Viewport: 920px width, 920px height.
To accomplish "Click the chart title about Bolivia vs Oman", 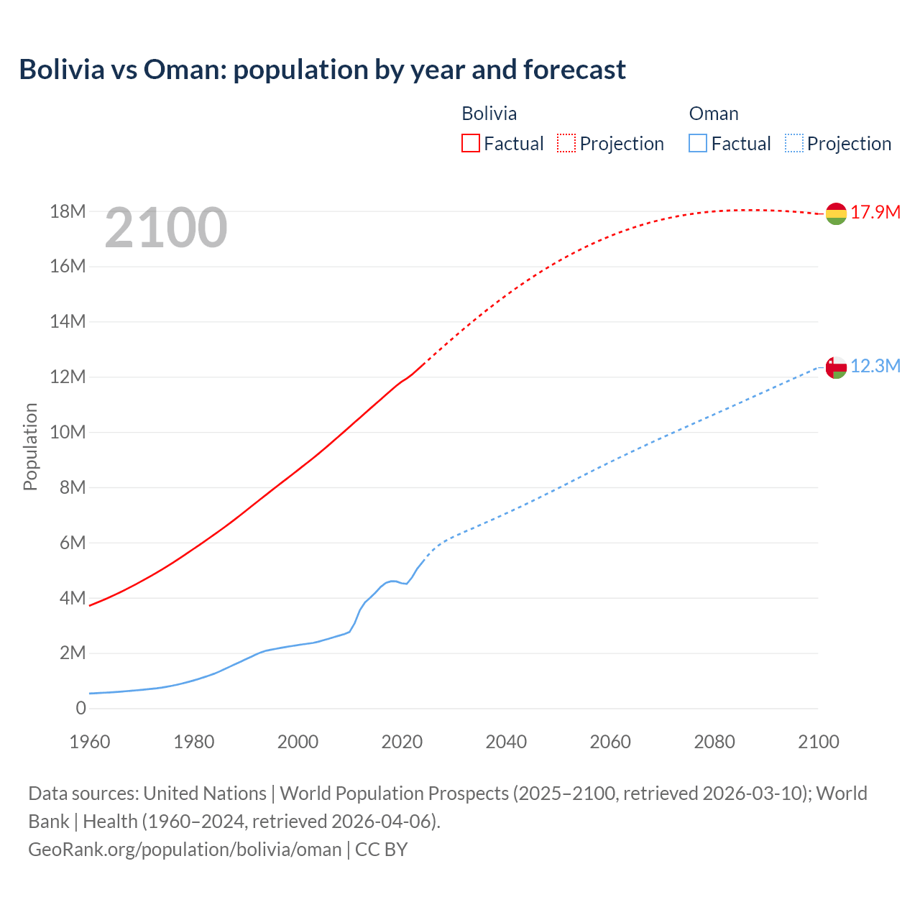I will [x=322, y=70].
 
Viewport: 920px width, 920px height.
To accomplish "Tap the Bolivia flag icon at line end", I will [x=836, y=213].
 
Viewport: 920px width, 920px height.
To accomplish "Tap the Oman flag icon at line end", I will [x=836, y=367].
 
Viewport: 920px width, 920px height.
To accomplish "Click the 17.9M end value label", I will [x=875, y=212].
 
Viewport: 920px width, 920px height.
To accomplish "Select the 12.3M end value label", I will [x=875, y=366].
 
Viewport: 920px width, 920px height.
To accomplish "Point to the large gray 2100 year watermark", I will [x=166, y=228].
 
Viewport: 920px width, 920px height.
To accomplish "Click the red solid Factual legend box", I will [x=471, y=143].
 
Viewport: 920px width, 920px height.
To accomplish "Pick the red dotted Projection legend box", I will [x=566, y=143].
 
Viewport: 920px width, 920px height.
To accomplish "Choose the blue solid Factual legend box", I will [x=698, y=143].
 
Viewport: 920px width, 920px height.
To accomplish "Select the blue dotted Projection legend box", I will [x=793, y=143].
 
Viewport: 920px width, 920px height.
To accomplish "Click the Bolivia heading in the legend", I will [x=489, y=114].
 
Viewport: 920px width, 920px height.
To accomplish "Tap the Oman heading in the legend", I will [x=714, y=114].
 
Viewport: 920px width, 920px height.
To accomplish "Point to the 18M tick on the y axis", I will [x=68, y=211].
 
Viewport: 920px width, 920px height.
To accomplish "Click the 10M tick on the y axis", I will [x=68, y=432].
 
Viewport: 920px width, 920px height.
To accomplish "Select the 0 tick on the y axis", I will [x=80, y=708].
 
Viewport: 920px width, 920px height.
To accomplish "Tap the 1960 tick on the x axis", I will [x=90, y=742].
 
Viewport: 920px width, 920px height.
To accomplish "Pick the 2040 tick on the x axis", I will [x=506, y=742].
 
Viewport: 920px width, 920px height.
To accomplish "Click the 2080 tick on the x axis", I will [x=714, y=742].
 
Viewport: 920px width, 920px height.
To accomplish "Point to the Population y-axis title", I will [x=30, y=446].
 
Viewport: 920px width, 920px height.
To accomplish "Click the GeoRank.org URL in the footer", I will [x=185, y=850].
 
